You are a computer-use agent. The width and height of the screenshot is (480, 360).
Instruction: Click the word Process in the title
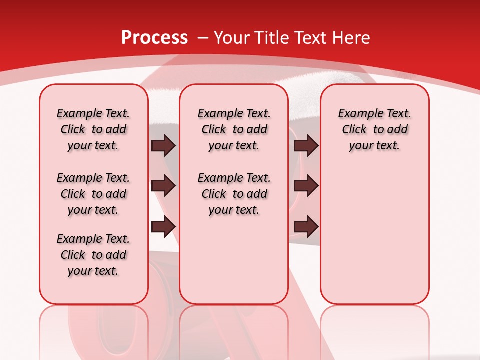[154, 37]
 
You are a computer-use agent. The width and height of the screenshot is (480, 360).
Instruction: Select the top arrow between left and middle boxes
[163, 145]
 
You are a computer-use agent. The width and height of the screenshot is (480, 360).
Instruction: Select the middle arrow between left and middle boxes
[163, 186]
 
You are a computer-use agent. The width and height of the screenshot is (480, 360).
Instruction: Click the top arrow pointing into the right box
[306, 145]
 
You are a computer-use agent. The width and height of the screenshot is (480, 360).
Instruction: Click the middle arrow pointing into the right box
[306, 186]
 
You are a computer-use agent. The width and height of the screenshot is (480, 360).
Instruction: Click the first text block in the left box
[93, 129]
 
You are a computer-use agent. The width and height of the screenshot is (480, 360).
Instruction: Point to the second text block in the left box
[93, 194]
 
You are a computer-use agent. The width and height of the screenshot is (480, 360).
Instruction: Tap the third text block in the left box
[93, 255]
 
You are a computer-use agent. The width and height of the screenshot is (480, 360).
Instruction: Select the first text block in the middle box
[234, 129]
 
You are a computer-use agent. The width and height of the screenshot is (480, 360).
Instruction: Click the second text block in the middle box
[234, 194]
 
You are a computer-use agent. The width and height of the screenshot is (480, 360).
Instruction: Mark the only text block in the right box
[374, 129]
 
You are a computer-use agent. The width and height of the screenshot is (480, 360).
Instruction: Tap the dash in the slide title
[203, 37]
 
